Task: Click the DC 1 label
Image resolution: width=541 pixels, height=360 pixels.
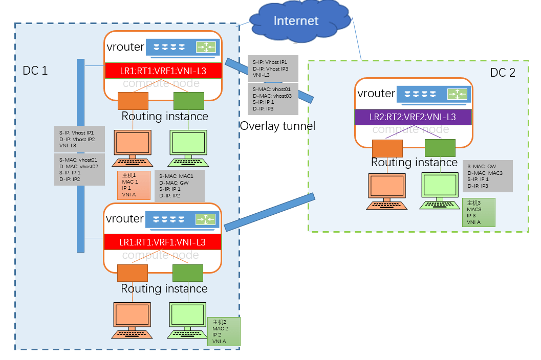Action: pos(35,71)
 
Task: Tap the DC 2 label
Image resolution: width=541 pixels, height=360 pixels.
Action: pos(503,73)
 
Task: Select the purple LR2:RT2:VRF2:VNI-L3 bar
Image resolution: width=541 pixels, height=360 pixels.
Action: pos(413,117)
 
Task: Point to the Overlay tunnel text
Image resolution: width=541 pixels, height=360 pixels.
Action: pos(277,126)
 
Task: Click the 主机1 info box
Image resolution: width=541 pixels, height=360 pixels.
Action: pos(133,185)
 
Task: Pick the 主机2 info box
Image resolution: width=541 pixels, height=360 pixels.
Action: pos(224,331)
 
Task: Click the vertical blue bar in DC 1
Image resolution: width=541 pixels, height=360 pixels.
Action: pos(80,155)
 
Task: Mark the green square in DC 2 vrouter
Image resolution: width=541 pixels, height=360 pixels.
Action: pos(440,148)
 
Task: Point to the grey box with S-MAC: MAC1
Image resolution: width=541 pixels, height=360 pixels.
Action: pos(179,185)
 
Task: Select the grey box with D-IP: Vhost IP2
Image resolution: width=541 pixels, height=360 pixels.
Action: pos(79,139)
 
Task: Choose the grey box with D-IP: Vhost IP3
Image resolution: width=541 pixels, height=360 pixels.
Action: pos(272,68)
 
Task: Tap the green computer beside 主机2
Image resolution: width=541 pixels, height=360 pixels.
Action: pos(186,320)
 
